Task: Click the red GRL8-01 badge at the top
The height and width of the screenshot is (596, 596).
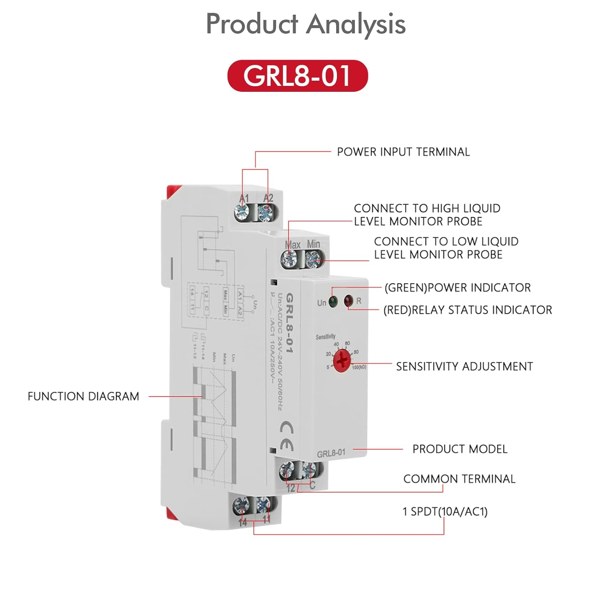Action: click(298, 75)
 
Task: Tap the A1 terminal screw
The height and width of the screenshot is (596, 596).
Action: click(242, 213)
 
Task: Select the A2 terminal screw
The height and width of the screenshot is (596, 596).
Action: click(266, 213)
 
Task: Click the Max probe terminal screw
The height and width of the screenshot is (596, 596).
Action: click(289, 259)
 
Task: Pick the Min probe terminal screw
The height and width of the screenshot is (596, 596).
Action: click(313, 259)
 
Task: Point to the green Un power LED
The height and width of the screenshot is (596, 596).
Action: click(333, 301)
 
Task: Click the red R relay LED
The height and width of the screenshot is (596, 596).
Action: click(348, 300)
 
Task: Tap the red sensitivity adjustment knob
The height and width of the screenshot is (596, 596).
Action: click(341, 361)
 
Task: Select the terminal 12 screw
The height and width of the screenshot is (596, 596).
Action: click(287, 471)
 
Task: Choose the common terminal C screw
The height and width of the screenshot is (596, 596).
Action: click(308, 471)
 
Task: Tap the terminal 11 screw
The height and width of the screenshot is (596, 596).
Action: click(263, 505)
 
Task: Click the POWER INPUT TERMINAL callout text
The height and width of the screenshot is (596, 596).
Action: click(403, 152)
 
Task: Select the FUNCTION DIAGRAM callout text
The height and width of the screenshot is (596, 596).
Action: click(83, 396)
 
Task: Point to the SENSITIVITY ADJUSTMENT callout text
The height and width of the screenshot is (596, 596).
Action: click(464, 366)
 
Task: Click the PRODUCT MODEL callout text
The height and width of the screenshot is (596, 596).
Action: click(460, 449)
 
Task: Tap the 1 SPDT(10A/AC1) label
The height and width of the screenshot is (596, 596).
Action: click(445, 511)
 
